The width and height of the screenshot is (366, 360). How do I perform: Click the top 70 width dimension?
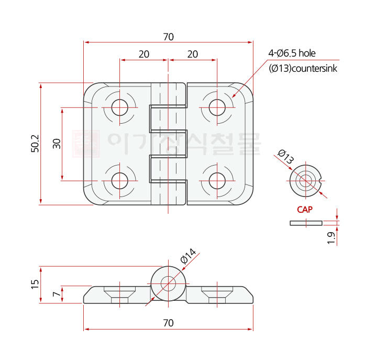point(168,37)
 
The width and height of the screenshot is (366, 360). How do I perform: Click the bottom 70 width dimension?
point(168,323)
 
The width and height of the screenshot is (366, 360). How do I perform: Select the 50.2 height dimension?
point(35,144)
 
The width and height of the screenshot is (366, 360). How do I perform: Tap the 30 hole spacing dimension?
point(57,144)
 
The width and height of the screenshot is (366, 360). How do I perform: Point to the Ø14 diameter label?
point(187,256)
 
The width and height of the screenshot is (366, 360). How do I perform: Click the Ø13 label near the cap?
point(286,157)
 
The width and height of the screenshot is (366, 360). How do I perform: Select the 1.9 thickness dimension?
point(331,237)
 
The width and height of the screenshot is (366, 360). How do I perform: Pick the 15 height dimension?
point(35,284)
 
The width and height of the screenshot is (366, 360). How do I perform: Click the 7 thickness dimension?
point(57,294)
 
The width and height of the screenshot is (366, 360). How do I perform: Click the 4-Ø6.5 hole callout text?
point(292,53)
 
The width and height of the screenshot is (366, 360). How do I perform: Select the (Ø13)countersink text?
point(303,69)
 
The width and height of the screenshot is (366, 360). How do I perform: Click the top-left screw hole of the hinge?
point(120,107)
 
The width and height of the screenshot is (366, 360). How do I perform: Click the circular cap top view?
point(305,181)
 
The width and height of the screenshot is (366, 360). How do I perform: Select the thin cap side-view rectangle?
point(306,223)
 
